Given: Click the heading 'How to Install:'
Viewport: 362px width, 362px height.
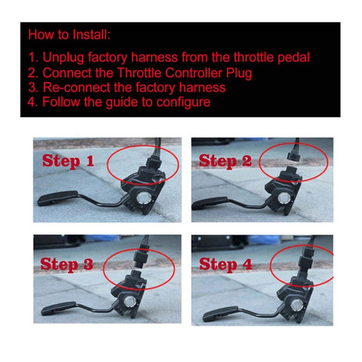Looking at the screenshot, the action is tap(69, 34).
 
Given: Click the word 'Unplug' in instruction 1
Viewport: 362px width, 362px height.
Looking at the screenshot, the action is tap(63, 58).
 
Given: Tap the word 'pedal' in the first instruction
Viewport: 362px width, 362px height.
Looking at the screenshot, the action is tap(293, 57).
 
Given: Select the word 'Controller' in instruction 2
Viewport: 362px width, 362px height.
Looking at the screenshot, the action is tap(194, 73).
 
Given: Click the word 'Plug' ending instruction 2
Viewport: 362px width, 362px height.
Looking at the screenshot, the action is tap(239, 74).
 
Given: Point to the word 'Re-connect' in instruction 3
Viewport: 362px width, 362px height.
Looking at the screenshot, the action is tap(77, 87).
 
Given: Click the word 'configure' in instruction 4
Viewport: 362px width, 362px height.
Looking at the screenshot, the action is tap(183, 103).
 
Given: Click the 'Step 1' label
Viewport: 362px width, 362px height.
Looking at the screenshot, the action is tap(68, 161).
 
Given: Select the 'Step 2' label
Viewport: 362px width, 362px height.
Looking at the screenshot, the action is tap(225, 161).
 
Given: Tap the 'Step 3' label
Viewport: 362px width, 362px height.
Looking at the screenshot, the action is tap(67, 265).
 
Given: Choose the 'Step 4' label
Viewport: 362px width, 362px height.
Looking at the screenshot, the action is tap(226, 265).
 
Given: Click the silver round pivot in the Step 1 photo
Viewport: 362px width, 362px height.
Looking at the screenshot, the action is tap(144, 198).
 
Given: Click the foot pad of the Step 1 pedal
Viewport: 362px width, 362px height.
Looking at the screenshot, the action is tap(58, 198).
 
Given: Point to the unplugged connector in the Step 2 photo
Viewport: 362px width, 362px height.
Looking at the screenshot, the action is tap(294, 156).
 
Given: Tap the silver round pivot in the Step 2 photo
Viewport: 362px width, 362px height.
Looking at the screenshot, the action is tap(284, 198).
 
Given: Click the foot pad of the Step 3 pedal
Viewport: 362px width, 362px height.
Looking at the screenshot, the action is tap(59, 308).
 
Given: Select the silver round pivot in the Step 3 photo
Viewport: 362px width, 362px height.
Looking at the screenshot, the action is tap(130, 302).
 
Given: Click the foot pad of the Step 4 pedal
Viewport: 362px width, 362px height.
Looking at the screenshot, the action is tap(220, 314).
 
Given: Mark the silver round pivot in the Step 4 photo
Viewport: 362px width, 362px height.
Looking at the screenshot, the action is tap(297, 305).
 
